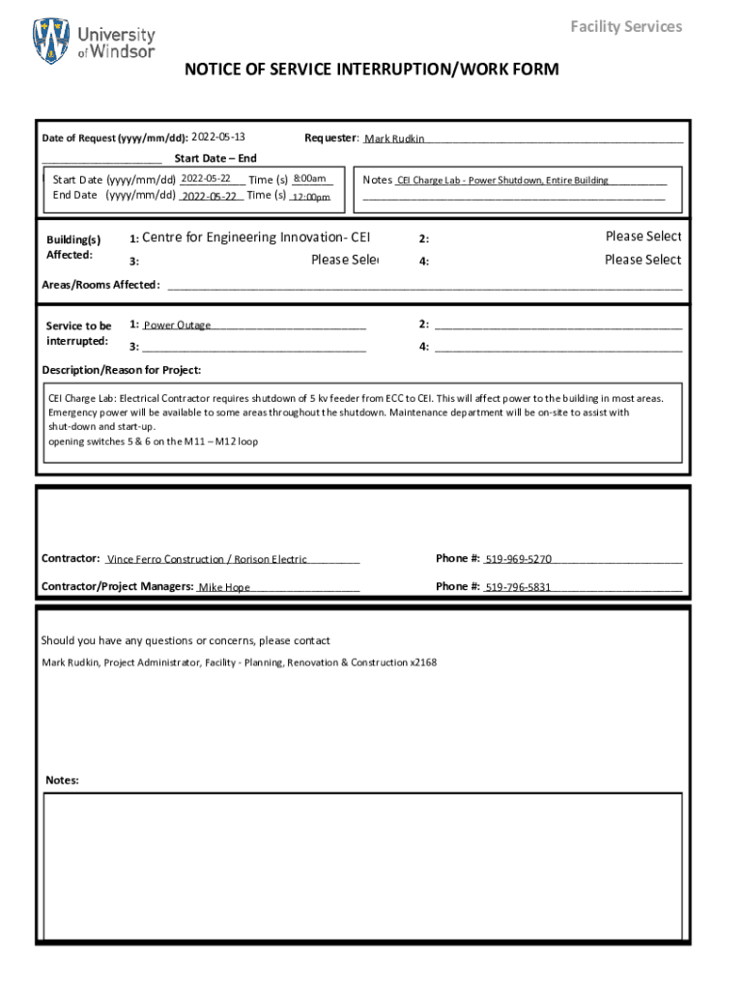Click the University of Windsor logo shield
(51, 42)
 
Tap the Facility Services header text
(625, 26)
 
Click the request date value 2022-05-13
(218, 137)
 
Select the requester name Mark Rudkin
(394, 139)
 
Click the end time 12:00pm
(311, 197)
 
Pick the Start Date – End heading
(215, 158)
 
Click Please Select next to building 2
(643, 237)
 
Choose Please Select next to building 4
(643, 260)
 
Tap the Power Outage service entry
(178, 325)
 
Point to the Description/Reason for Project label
(122, 370)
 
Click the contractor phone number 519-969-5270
(518, 559)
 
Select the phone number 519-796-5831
(518, 586)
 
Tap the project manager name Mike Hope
(224, 587)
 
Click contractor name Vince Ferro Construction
(164, 559)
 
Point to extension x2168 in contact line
(423, 663)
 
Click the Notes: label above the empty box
(63, 780)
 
